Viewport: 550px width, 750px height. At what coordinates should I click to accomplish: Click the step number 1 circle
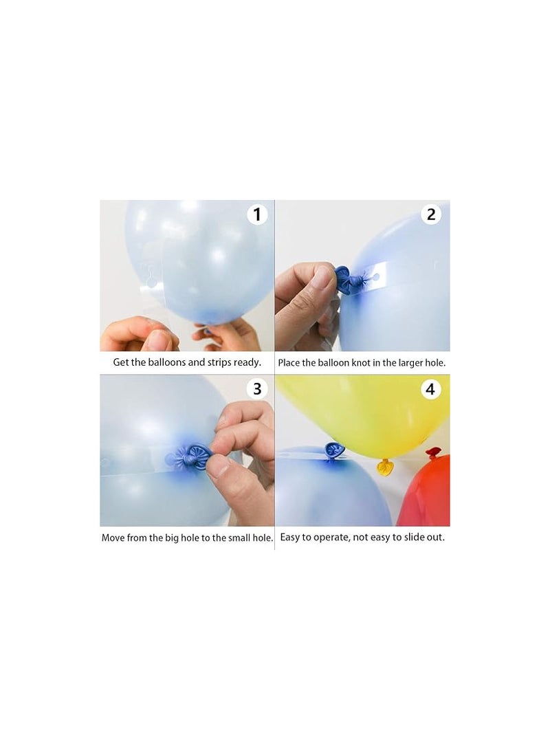[x=257, y=214]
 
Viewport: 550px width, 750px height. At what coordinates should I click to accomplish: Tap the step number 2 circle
[x=431, y=214]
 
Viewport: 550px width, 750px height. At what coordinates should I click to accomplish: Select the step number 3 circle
[x=257, y=389]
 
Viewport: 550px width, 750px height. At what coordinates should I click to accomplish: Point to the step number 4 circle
[x=430, y=389]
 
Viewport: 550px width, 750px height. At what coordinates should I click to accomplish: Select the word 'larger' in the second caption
[x=408, y=364]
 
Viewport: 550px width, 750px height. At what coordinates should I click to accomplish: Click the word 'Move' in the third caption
[x=113, y=538]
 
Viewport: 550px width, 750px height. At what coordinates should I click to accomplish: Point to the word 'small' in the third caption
[x=239, y=538]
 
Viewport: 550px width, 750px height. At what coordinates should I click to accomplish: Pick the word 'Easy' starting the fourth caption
[x=290, y=538]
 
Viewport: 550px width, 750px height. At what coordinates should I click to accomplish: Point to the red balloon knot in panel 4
[x=433, y=452]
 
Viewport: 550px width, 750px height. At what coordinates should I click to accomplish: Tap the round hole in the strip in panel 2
[x=376, y=276]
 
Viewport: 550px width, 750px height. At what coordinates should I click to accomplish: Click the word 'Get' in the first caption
[x=121, y=362]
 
